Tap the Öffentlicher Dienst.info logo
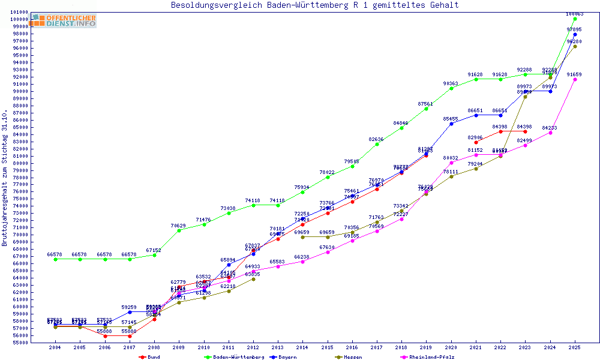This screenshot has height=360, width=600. coord(64,20)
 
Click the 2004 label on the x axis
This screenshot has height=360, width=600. coord(55,347)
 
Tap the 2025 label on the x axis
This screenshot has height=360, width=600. coord(575,347)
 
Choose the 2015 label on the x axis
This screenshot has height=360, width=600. coord(327,347)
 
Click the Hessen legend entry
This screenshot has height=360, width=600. coord(352,357)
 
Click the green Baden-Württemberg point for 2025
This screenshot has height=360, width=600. coord(575,19)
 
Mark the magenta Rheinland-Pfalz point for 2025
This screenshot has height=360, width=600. coord(575,79)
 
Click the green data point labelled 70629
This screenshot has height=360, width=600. coord(179,230)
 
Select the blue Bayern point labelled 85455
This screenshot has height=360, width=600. coord(451,123)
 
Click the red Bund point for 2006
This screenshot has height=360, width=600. coord(105,336)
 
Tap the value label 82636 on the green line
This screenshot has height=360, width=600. coord(377,139)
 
